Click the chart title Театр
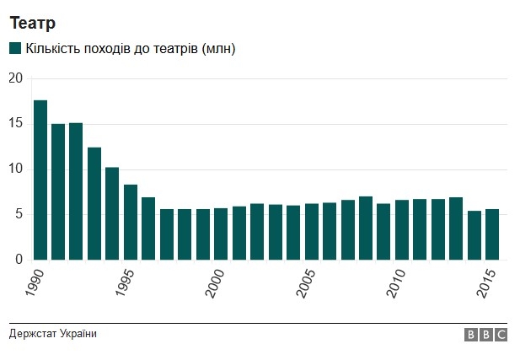(33, 23)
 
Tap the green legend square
(15, 49)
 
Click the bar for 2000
(221, 234)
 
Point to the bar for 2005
(311, 231)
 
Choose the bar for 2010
(401, 229)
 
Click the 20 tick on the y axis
(14, 78)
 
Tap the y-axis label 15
(14, 124)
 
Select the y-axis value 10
(14, 169)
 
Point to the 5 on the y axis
(18, 214)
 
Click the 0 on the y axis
(18, 260)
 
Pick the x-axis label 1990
(35, 282)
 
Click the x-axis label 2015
(486, 282)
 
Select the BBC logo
(486, 335)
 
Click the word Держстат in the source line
(34, 334)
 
